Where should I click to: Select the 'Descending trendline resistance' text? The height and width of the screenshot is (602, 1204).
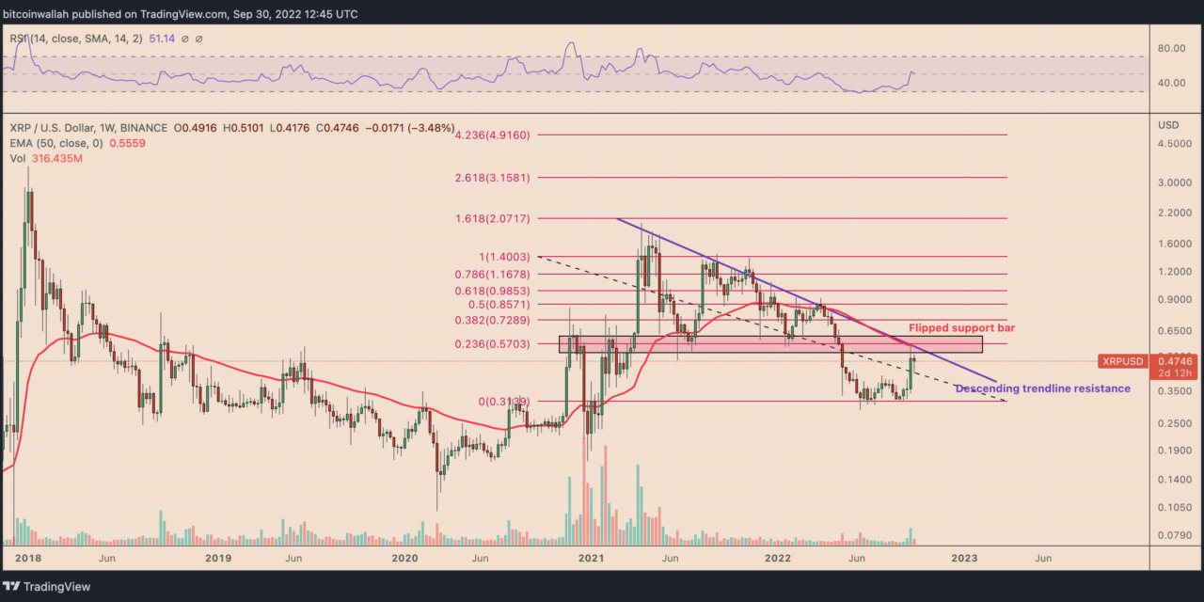[x=1042, y=388]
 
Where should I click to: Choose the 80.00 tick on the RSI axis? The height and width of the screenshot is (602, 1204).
[x=1170, y=49]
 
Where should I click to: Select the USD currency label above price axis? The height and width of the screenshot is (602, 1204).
[x=1168, y=125]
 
